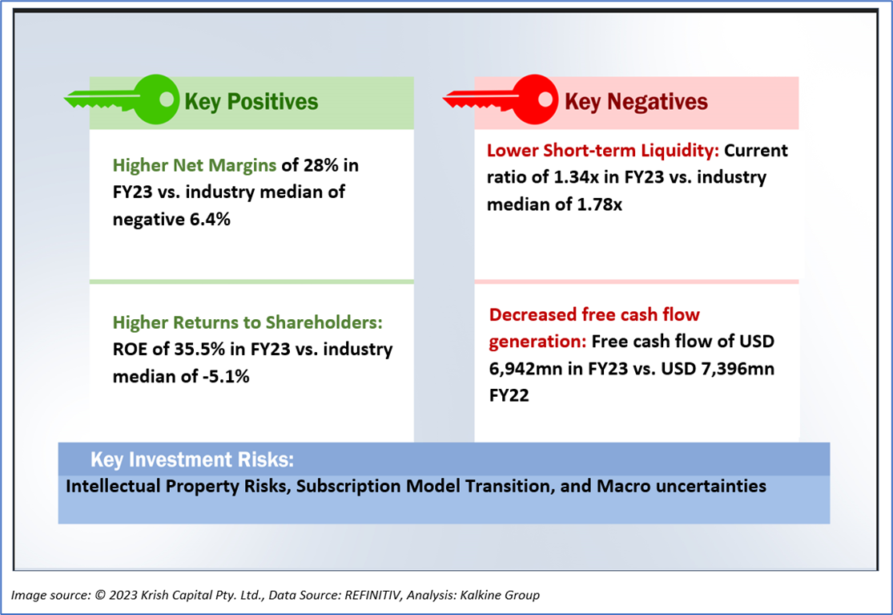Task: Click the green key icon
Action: pos(128,100)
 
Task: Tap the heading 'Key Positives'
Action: pos(251,102)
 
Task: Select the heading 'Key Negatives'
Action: pos(636,102)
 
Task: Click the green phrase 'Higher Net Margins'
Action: pos(195,166)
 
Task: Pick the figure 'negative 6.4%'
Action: pos(171,219)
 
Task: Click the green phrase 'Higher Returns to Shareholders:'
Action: pos(248,322)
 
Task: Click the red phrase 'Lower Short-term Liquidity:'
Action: pos(603,151)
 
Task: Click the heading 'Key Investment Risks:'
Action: pos(191,460)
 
